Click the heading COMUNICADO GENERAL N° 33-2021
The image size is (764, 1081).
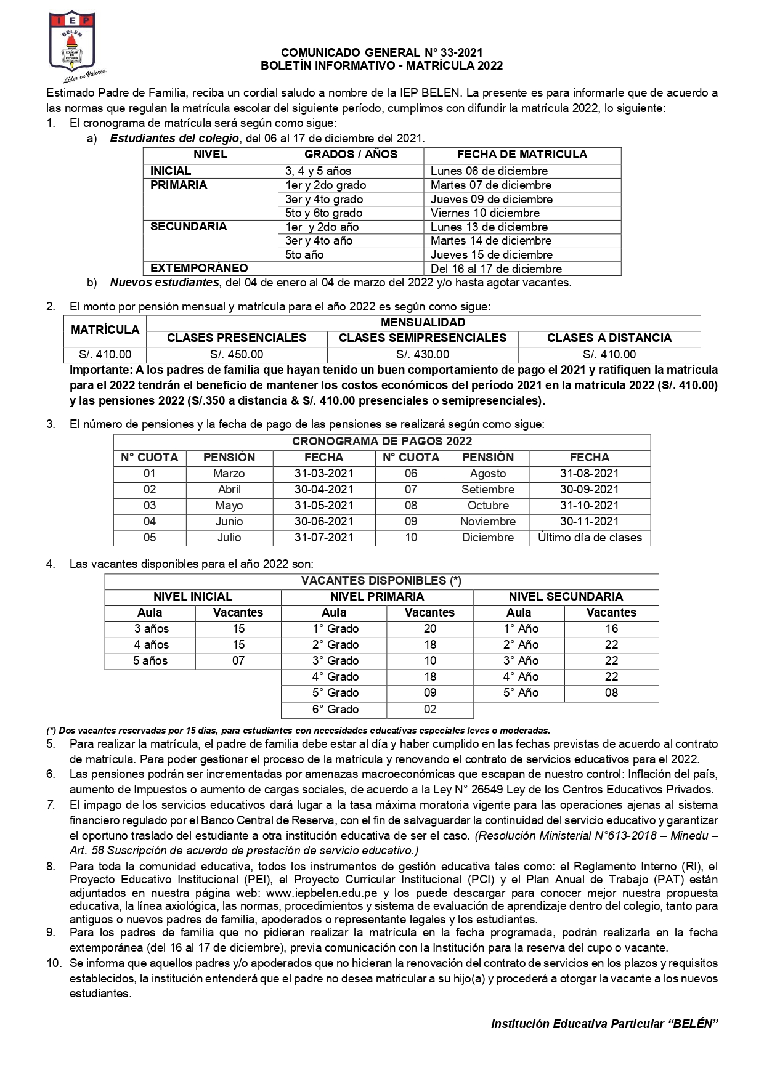pyautogui.click(x=381, y=53)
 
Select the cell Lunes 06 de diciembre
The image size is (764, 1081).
pyautogui.click(x=489, y=171)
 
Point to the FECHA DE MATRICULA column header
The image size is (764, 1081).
pyautogui.click(x=522, y=155)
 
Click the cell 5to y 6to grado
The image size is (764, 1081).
pyautogui.click(x=323, y=213)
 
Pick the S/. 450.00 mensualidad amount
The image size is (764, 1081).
pyautogui.click(x=237, y=355)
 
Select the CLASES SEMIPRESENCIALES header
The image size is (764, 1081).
pyautogui.click(x=423, y=338)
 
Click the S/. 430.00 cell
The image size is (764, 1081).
pyautogui.click(x=423, y=355)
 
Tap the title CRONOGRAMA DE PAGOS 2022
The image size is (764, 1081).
pyautogui.click(x=381, y=442)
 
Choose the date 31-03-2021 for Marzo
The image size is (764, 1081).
pyautogui.click(x=323, y=474)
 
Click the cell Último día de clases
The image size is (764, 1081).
pyautogui.click(x=590, y=538)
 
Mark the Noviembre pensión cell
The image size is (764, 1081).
pyautogui.click(x=488, y=522)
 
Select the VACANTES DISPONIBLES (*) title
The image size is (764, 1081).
pyautogui.click(x=381, y=581)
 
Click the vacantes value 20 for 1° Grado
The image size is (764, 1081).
pyautogui.click(x=430, y=629)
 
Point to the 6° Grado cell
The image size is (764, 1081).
pyautogui.click(x=335, y=710)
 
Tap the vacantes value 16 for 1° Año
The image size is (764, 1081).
pyautogui.click(x=611, y=629)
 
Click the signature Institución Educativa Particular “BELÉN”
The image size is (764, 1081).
pyautogui.click(x=605, y=1024)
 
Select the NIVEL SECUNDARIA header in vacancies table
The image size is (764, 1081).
pyautogui.click(x=566, y=597)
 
